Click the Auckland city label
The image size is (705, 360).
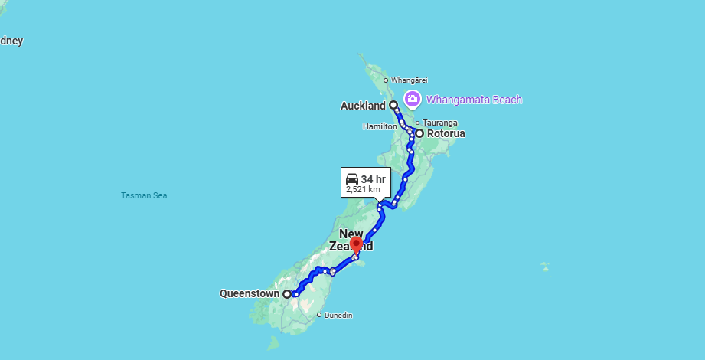364,106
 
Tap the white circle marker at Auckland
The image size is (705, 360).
393,105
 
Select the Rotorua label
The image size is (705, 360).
446,133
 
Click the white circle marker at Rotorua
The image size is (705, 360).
419,133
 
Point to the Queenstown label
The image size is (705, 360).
249,293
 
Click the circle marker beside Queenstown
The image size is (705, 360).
287,294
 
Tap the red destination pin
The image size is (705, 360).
356,245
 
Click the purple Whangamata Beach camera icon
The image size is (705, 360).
413,99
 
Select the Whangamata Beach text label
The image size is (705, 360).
474,100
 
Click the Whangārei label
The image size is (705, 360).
409,80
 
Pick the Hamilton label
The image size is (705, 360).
380,126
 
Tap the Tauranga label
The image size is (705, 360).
442,123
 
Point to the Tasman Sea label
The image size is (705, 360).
144,195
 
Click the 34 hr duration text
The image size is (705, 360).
374,179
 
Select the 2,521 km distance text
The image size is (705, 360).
363,188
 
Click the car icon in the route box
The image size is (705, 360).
352,178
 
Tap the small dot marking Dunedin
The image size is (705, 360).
319,315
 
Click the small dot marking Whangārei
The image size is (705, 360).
386,80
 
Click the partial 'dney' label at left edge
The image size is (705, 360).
11,41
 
